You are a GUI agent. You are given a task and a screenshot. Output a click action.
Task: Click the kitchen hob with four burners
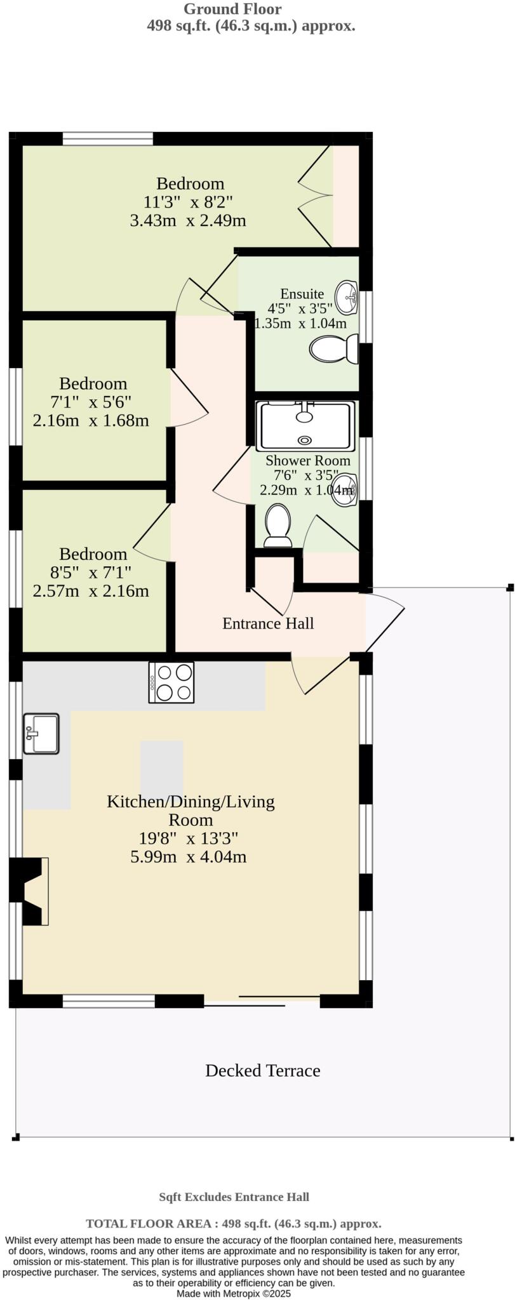pos(171,682)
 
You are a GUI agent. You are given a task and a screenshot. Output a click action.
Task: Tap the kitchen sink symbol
pos(41,734)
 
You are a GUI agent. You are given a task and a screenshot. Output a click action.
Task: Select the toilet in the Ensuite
pos(334,348)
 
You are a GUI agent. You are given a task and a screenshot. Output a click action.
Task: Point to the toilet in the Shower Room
pos(278,525)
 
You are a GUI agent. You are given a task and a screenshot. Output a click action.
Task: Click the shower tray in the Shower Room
pos(305,425)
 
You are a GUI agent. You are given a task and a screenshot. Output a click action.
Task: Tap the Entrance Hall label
pos(268,623)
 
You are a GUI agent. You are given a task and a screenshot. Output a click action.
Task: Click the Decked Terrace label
pos(262,1071)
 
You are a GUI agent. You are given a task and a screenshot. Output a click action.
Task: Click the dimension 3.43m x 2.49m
pos(188,221)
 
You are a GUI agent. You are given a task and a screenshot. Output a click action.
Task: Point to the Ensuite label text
pos(302,294)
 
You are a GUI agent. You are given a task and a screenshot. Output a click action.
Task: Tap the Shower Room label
pos(307,461)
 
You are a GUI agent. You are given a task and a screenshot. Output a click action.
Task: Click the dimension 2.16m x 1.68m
pos(91,420)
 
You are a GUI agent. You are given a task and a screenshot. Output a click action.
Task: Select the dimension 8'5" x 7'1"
pos(92,573)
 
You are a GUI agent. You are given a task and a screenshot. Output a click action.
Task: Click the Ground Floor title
pos(232,9)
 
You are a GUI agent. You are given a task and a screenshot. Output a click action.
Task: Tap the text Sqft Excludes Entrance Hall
pos(234,1197)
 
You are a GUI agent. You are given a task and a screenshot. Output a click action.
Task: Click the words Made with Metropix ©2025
pos(234,1293)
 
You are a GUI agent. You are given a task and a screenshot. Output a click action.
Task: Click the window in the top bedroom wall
pos(108,138)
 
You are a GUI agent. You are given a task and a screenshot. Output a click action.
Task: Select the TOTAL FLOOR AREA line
pos(234,1224)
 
